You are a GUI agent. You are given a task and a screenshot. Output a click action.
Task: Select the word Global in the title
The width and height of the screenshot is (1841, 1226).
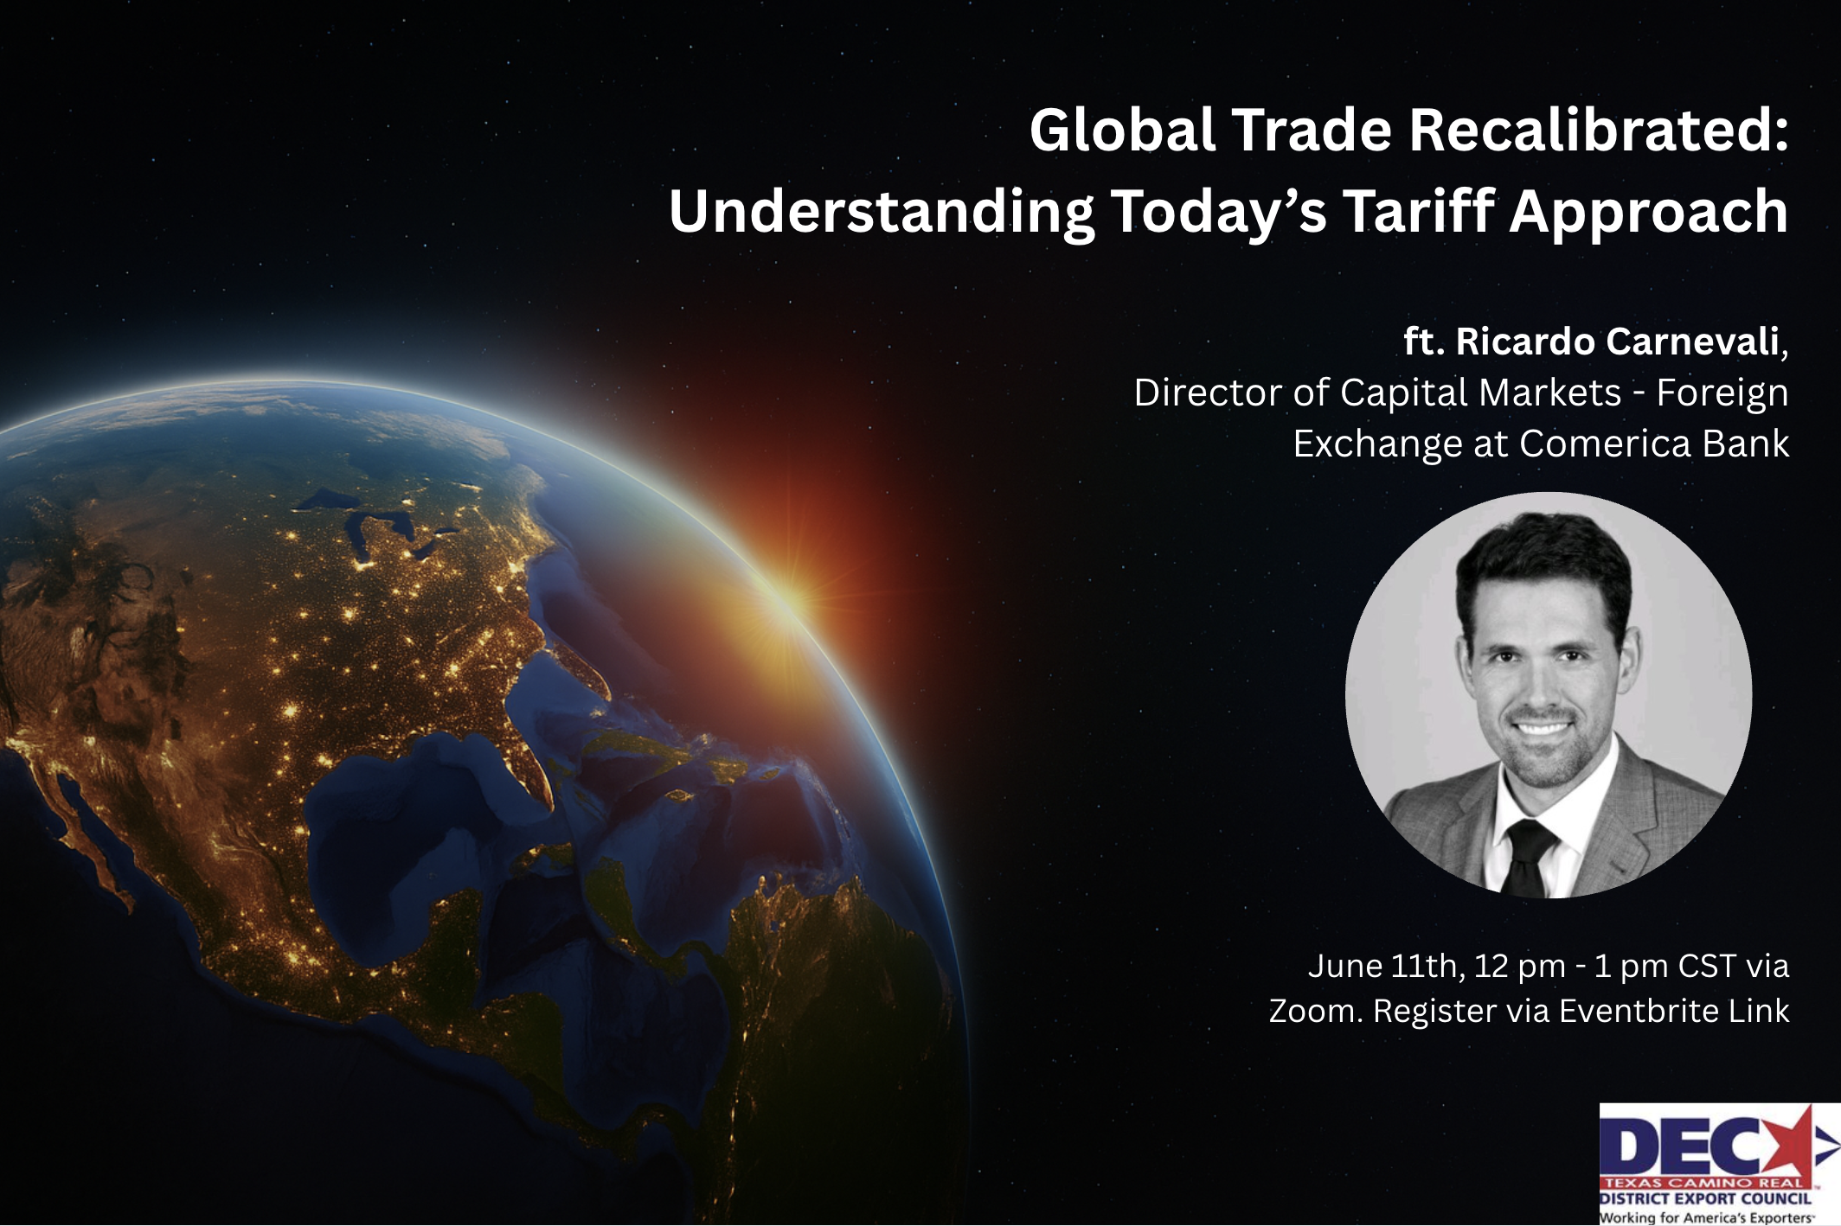click(x=1122, y=130)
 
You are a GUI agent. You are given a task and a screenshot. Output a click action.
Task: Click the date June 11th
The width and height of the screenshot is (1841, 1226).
click(x=1387, y=966)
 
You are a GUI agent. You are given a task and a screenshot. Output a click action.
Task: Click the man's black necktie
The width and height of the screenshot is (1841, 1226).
click(x=1528, y=858)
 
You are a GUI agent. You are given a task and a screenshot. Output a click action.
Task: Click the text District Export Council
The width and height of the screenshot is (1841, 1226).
click(x=1704, y=1198)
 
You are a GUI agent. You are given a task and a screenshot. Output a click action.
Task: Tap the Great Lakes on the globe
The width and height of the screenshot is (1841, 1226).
click(x=381, y=527)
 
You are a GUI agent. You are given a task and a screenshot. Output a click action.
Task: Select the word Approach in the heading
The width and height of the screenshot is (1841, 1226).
click(x=1649, y=211)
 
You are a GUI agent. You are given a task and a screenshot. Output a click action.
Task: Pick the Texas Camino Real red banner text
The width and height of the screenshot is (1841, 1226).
click(x=1703, y=1182)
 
